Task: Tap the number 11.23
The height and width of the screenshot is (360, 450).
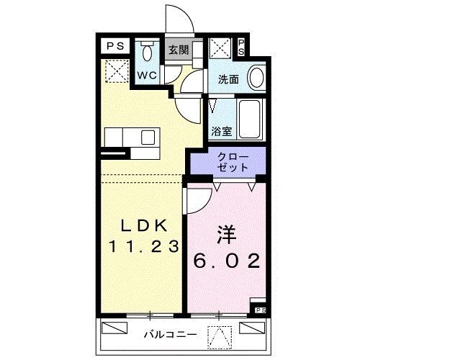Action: [x=143, y=246]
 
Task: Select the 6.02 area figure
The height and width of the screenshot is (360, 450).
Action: [x=225, y=261]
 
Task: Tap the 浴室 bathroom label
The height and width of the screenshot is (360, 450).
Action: [x=222, y=132]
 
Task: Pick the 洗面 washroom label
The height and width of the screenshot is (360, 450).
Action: [x=229, y=79]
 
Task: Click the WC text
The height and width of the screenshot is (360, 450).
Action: [x=148, y=76]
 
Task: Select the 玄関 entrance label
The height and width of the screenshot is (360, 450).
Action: [x=179, y=50]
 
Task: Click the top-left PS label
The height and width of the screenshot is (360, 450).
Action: [x=115, y=46]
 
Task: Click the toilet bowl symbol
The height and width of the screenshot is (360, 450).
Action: [x=147, y=52]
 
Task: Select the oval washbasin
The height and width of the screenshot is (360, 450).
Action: [x=256, y=76]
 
